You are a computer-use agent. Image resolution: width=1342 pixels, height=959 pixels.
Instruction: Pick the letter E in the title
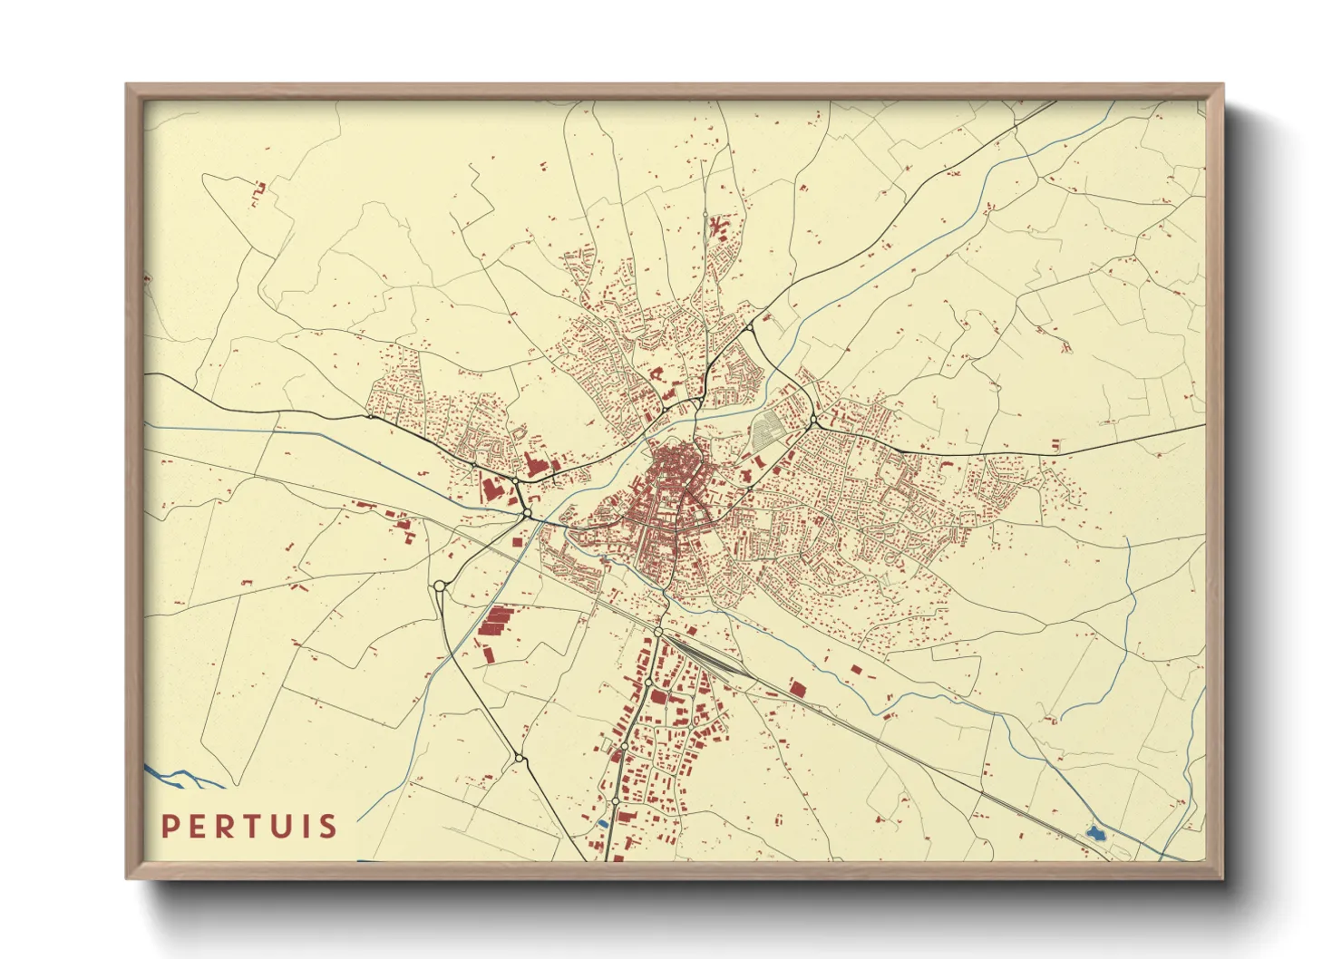point(197,827)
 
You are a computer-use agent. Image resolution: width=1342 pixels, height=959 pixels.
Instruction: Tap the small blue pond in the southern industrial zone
point(602,823)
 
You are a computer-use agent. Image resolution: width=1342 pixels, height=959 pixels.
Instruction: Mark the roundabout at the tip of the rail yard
point(659,631)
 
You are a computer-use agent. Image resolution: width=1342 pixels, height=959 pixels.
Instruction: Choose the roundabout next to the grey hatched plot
point(813,421)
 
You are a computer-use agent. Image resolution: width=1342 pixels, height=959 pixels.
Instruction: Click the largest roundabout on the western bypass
point(440,586)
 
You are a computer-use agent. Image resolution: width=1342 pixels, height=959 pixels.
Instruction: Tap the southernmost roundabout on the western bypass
point(519,757)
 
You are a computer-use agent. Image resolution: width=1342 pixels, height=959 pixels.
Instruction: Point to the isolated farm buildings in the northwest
point(258,192)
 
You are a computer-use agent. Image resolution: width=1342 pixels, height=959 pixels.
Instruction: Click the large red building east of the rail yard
point(797,688)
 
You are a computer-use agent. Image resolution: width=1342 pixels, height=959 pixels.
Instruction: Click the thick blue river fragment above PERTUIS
point(181,778)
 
